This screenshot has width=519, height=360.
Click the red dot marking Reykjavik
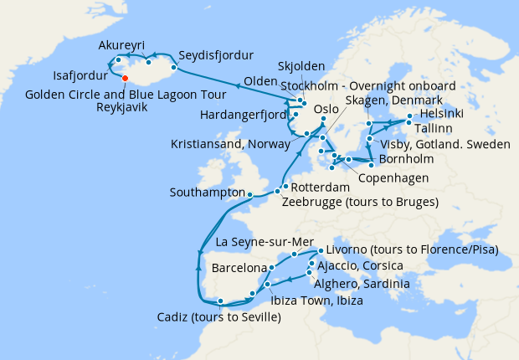(125, 79)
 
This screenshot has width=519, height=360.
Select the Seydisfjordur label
(216, 56)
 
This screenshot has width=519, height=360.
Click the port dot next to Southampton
(249, 194)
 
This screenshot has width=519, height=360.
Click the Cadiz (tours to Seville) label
(218, 317)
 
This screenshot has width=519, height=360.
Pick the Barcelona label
(239, 270)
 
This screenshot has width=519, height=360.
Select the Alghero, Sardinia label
(363, 285)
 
